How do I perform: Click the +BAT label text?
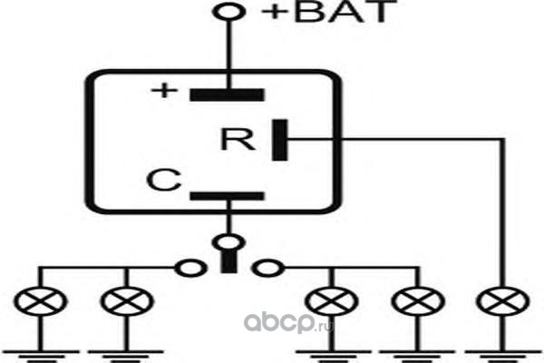(x=329, y=12)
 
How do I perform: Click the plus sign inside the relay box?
(x=164, y=91)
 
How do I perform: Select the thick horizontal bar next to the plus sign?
(x=227, y=94)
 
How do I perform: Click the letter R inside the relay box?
(x=238, y=139)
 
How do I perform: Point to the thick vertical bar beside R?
(x=279, y=140)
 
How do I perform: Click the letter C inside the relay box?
(x=164, y=180)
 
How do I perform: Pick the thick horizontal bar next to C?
(x=227, y=196)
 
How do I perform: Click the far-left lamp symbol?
(x=40, y=301)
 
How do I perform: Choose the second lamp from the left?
(x=127, y=301)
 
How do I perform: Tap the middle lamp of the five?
(x=332, y=301)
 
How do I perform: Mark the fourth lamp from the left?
(x=418, y=301)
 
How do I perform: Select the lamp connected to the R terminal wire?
(x=503, y=301)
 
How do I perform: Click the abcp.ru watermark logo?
(x=288, y=323)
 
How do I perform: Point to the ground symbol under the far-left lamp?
(x=41, y=355)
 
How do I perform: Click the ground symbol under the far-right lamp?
(x=503, y=355)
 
